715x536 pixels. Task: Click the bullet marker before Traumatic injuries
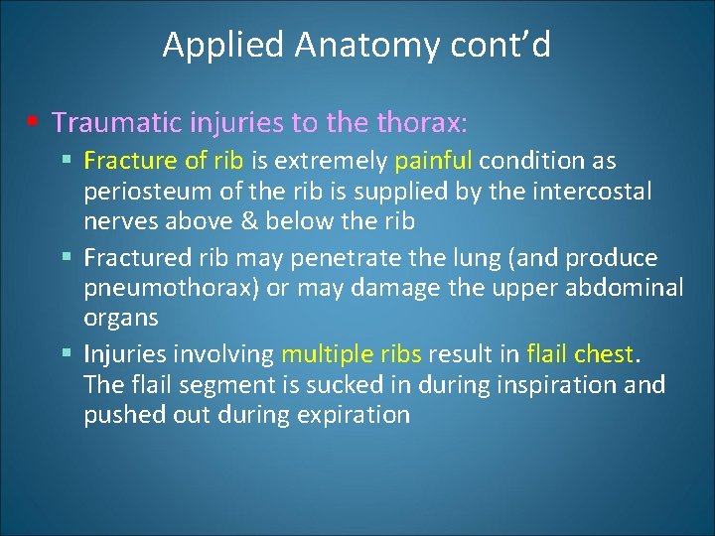(x=33, y=122)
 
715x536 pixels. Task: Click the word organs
(x=121, y=319)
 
